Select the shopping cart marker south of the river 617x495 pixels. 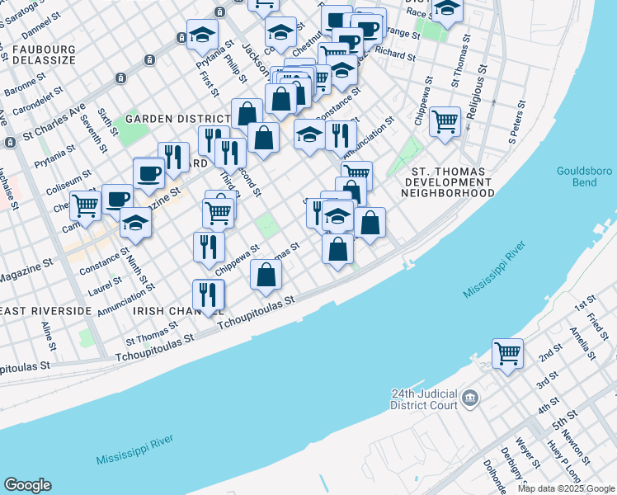point(507,354)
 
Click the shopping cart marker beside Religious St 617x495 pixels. point(445,122)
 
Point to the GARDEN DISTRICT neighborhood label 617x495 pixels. point(177,118)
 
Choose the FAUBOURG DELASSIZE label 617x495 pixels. point(44,55)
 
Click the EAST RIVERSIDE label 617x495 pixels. point(45,310)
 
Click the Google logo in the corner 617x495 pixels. point(27,485)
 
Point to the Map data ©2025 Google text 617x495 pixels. point(566,488)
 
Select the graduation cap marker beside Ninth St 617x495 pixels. point(136,223)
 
